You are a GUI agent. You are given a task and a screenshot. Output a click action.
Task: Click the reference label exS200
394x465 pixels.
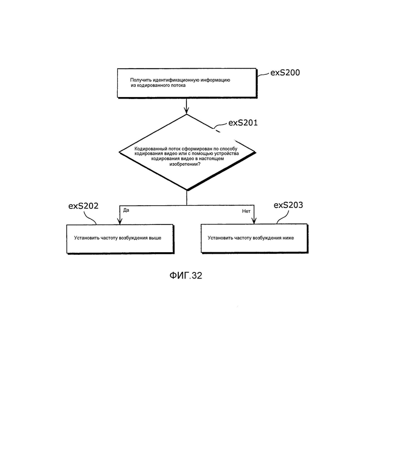click(285, 73)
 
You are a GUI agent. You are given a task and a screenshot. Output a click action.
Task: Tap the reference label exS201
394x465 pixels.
click(243, 123)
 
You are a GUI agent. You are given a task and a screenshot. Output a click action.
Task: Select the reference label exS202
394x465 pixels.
click(83, 206)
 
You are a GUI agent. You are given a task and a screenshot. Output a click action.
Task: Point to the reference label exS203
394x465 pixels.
click(288, 205)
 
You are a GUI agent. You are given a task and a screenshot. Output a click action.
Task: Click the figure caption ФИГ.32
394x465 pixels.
click(186, 275)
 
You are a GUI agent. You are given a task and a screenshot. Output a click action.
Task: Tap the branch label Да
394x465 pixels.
click(126, 210)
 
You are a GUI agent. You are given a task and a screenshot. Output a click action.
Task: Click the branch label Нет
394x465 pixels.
click(246, 211)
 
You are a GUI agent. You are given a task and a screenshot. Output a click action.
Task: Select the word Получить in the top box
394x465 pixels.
click(141, 80)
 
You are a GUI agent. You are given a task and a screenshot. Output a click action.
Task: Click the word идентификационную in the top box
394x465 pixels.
click(176, 80)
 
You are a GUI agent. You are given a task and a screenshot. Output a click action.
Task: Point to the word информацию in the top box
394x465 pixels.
click(215, 80)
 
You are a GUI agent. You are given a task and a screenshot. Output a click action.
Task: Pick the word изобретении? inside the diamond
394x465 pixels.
click(185, 164)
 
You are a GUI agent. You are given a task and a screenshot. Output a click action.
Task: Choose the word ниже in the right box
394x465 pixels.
click(287, 238)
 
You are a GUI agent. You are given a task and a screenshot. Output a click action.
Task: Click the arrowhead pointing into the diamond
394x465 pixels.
click(186, 112)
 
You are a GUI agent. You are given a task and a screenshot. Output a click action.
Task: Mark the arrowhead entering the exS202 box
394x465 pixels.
click(120, 221)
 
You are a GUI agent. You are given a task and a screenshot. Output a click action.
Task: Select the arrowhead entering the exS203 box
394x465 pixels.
click(254, 221)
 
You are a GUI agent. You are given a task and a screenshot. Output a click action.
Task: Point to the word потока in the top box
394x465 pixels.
click(178, 85)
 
